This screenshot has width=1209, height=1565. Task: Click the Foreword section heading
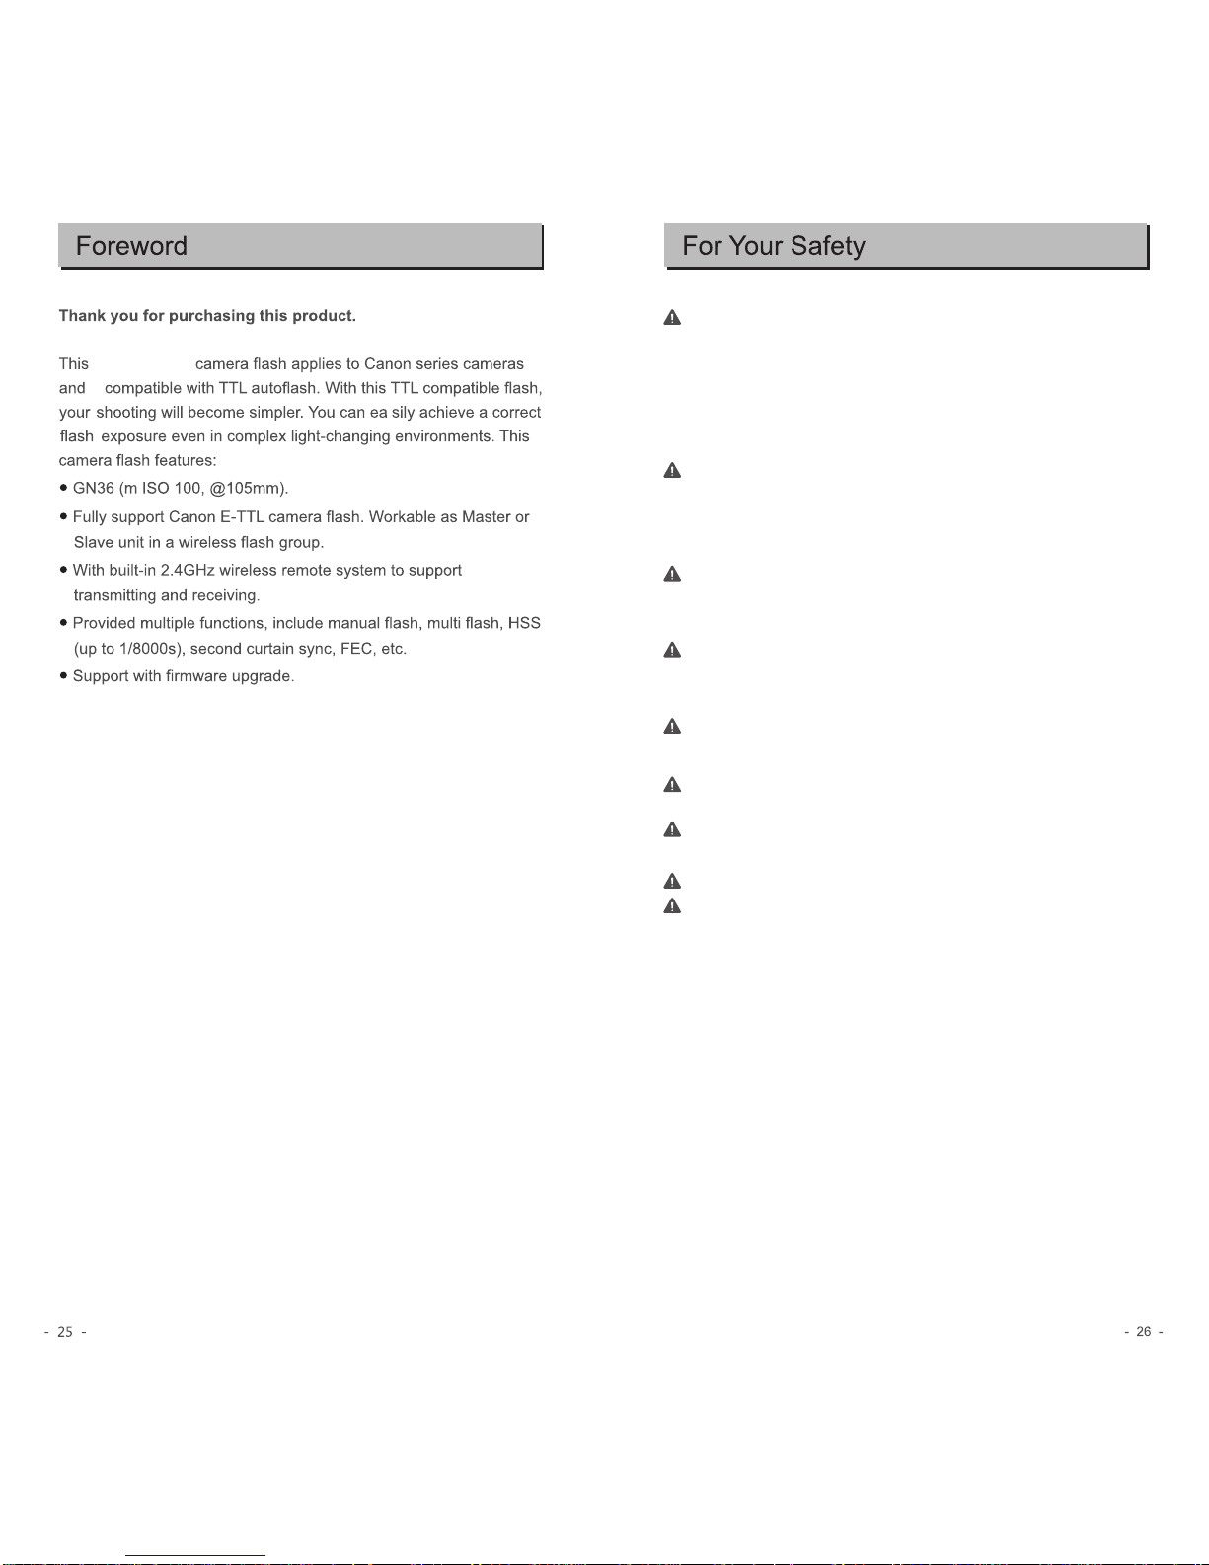coord(131,246)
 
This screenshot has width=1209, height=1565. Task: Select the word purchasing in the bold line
coord(212,316)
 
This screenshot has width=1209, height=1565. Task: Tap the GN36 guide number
coord(94,489)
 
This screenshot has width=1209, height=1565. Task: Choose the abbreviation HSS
coord(524,624)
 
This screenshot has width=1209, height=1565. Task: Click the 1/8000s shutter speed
coord(150,649)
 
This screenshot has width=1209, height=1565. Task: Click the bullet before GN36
coord(64,489)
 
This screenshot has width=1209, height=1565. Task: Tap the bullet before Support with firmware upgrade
coord(64,676)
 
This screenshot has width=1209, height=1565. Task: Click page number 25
coord(65,1332)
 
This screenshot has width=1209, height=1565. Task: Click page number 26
coord(1144,1332)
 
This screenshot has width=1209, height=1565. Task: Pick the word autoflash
coord(282,388)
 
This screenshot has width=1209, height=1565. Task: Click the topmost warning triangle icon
coord(672,317)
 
